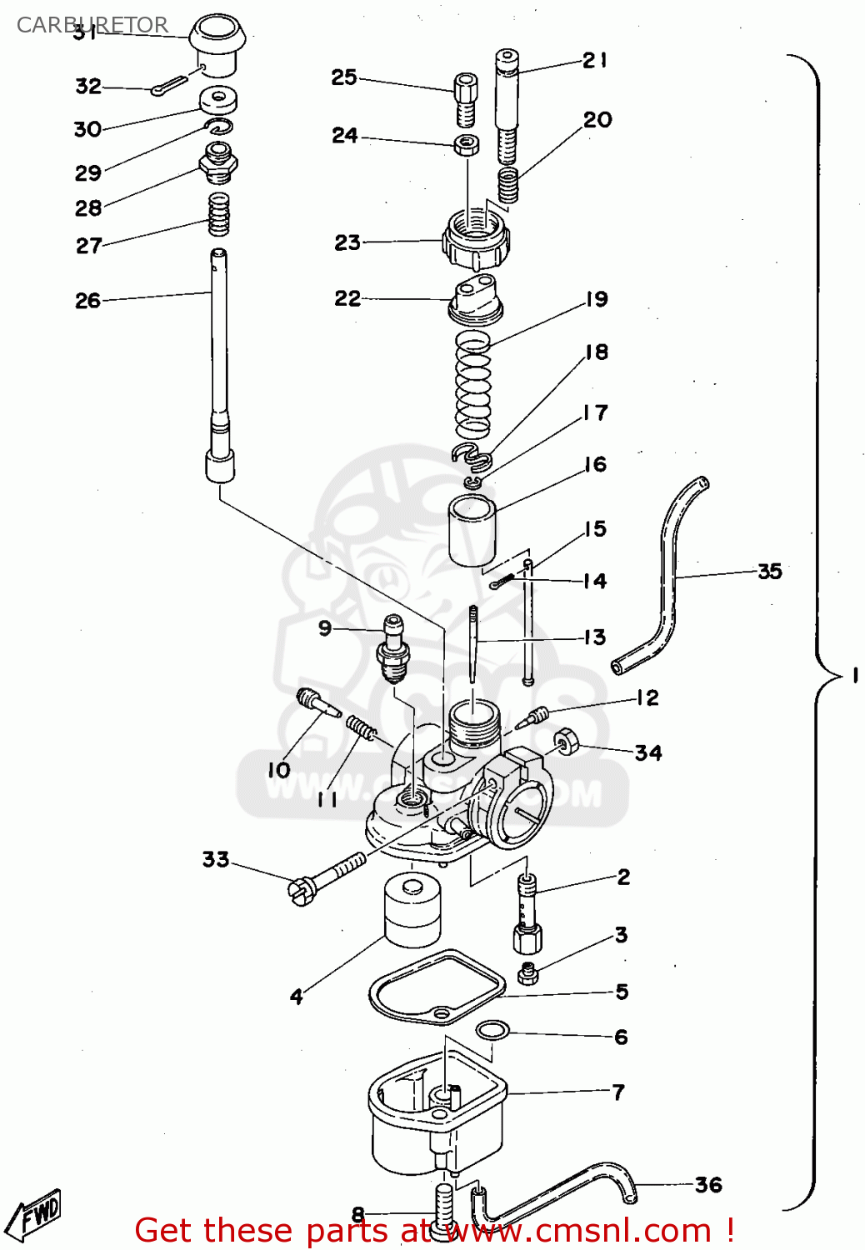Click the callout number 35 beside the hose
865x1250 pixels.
[769, 572]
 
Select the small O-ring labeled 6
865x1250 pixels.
[492, 1031]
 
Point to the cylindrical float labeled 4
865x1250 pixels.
[412, 909]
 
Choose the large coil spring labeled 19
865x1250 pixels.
[473, 383]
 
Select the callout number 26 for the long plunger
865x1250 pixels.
[87, 301]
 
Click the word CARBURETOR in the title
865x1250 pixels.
[92, 25]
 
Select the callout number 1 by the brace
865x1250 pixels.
[855, 675]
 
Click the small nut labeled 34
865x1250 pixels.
[566, 740]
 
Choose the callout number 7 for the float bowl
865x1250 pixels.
[617, 1092]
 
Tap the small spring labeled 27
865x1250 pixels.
[219, 215]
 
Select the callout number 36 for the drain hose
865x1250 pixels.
[707, 1184]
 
